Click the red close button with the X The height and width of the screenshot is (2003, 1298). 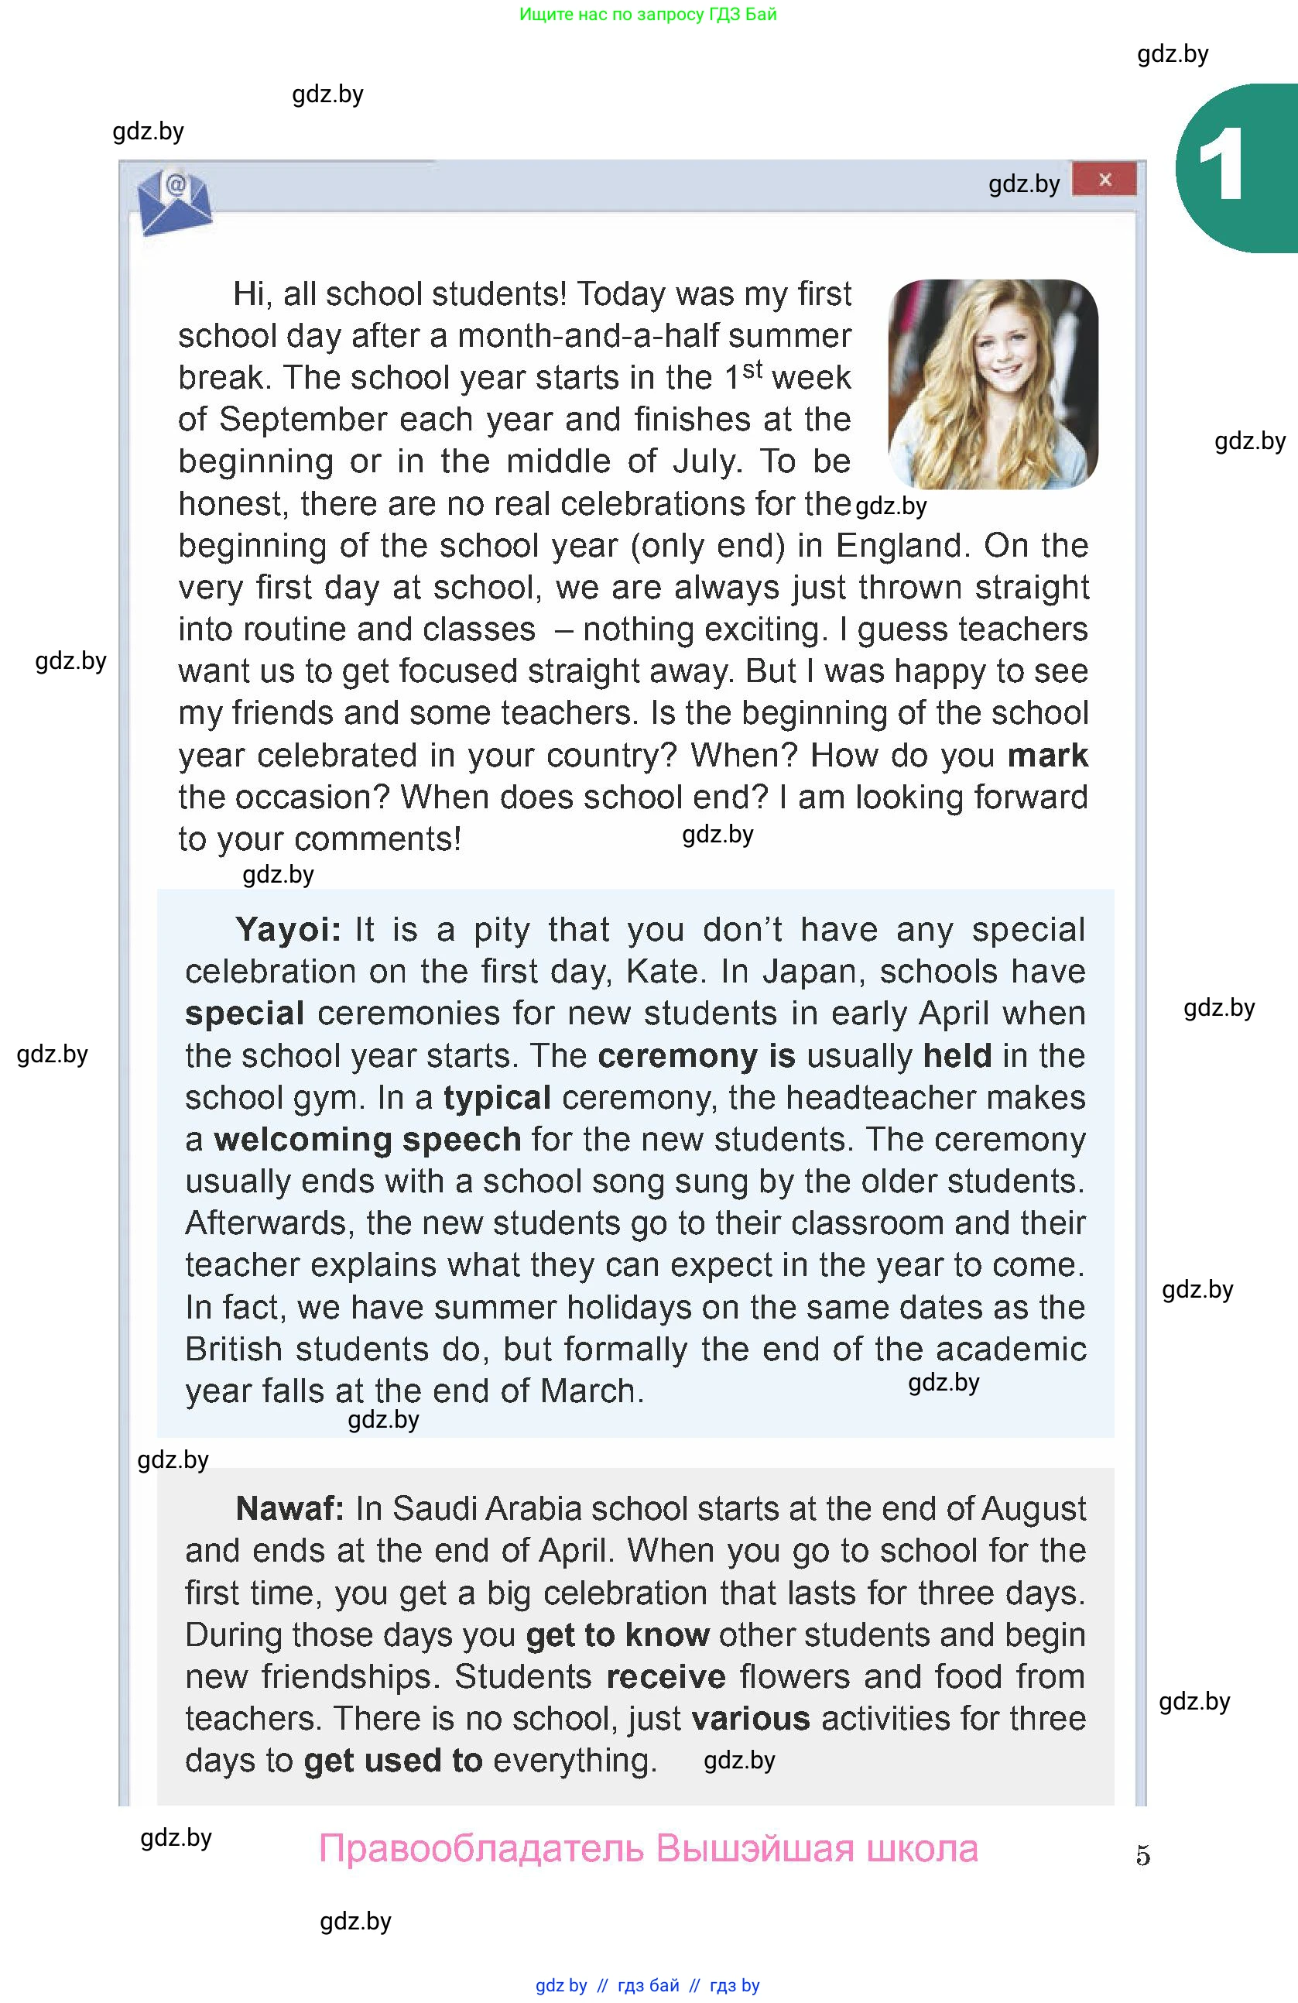pos(1104,180)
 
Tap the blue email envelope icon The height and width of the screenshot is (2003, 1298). pos(174,203)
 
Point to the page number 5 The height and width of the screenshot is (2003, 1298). pos(1142,1855)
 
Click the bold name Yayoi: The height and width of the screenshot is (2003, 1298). pos(289,930)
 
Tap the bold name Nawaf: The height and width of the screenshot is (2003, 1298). pos(290,1509)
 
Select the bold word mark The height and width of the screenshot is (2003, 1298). pos(1047,755)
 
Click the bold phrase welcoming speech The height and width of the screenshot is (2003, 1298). pos(368,1140)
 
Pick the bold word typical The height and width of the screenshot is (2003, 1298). pos(497,1097)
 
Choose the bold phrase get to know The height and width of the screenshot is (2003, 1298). pos(618,1634)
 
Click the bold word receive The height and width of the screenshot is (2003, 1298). pos(666,1676)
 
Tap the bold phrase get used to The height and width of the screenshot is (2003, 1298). pos(393,1761)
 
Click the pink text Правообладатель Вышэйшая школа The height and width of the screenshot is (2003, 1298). pos(648,1849)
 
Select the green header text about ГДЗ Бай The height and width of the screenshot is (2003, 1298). pos(648,14)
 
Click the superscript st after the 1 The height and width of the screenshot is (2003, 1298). pos(752,369)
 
